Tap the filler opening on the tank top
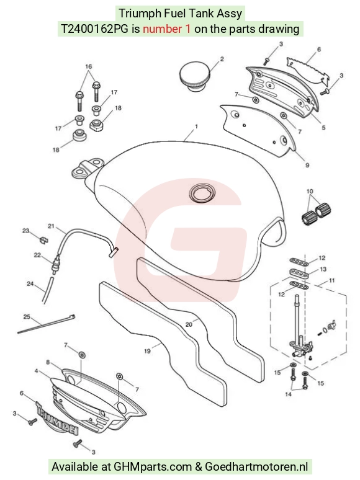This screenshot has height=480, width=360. pyautogui.click(x=202, y=193)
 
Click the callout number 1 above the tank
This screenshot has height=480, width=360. pyautogui.click(x=196, y=126)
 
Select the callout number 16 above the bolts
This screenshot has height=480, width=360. pyautogui.click(x=89, y=66)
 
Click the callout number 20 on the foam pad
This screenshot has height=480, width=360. pyautogui.click(x=189, y=324)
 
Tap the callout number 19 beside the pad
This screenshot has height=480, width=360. pyautogui.click(x=147, y=351)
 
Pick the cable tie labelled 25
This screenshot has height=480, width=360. pyautogui.click(x=47, y=324)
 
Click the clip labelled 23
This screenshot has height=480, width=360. pyautogui.click(x=44, y=240)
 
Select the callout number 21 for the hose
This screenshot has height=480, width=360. pyautogui.click(x=51, y=226)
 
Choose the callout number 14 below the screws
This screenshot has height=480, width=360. pyautogui.click(x=288, y=394)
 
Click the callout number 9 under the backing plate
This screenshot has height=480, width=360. pyautogui.click(x=307, y=165)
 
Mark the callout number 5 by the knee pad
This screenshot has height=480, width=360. pyautogui.click(x=323, y=128)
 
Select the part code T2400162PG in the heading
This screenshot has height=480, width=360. pyautogui.click(x=95, y=29)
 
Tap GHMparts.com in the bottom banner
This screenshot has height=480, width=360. pyautogui.click(x=153, y=467)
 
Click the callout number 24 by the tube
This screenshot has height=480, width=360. pyautogui.click(x=30, y=284)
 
